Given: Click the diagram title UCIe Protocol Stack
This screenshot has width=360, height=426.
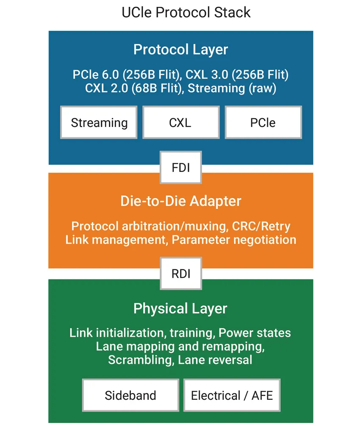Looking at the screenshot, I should tap(186, 12).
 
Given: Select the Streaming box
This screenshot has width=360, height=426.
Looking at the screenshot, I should tap(99, 123).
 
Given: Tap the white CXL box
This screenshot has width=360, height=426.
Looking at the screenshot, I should tap(180, 123).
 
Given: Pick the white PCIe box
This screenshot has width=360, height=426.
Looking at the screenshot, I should tap(263, 123).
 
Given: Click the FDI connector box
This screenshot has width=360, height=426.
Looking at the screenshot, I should tap(181, 168).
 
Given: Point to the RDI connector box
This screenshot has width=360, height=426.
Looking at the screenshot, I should tap(181, 274).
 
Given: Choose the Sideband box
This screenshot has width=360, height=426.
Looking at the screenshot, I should tap(130, 396).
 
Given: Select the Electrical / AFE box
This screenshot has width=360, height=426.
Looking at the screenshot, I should tap(232, 396).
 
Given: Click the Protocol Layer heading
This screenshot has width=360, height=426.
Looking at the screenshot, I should tap(181, 50).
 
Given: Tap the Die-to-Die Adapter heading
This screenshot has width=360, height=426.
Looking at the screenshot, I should tap(181, 201).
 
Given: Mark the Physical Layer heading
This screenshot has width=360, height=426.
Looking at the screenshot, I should tap(181, 308).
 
